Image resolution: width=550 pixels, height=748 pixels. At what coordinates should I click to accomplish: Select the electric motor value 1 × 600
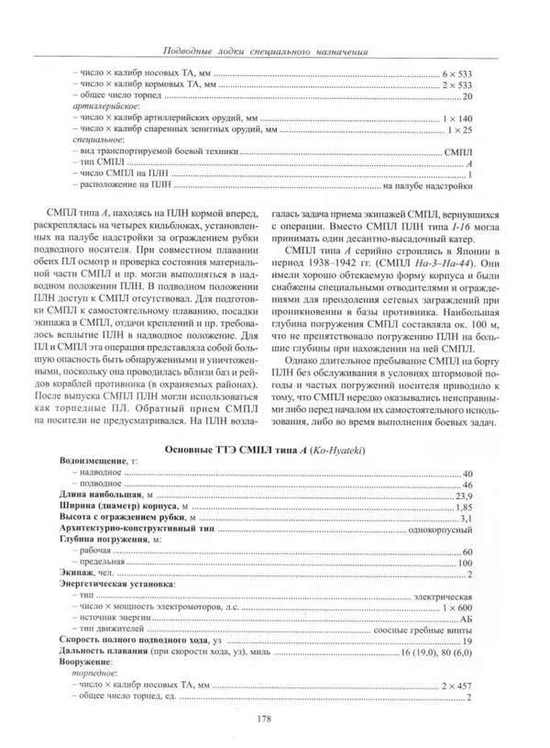(x=456, y=608)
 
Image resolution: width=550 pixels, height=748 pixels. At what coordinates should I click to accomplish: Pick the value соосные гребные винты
(x=423, y=631)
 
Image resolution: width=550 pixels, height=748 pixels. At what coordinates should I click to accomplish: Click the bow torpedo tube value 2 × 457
(x=456, y=686)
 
